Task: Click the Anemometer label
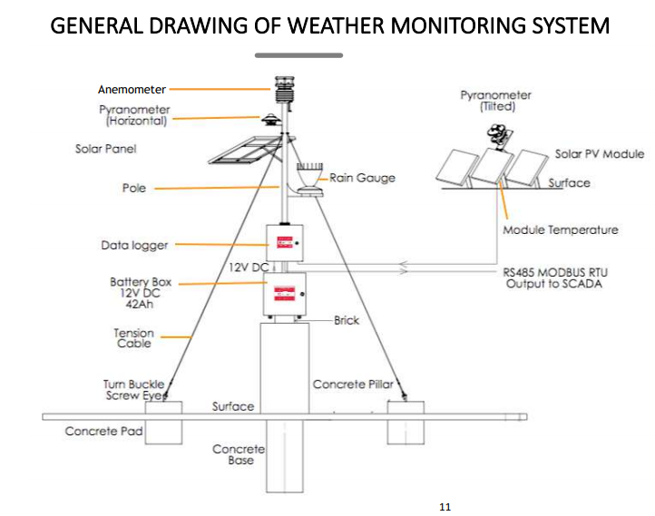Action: (x=132, y=89)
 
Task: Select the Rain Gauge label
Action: (x=362, y=178)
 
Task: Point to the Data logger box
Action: (x=287, y=243)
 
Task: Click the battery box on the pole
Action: (x=287, y=293)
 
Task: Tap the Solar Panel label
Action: (x=105, y=149)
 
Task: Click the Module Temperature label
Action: (x=560, y=229)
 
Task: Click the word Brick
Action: (x=347, y=320)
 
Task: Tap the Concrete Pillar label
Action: (x=353, y=385)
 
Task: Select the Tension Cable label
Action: (x=133, y=338)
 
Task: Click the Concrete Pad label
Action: (x=104, y=432)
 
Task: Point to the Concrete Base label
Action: (x=240, y=454)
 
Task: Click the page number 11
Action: (x=445, y=506)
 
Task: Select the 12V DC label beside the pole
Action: (x=248, y=268)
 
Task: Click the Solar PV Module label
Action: (x=599, y=154)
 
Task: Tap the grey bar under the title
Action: (x=299, y=55)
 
